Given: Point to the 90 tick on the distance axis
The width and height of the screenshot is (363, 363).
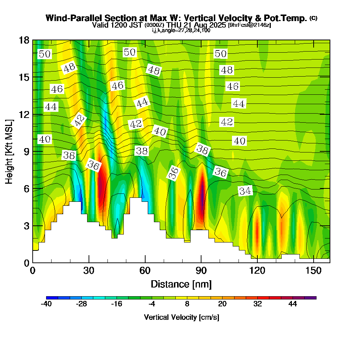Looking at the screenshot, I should [201, 262].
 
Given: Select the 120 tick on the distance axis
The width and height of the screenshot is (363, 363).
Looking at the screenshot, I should [257, 262].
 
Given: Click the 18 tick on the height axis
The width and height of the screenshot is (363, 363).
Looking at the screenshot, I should [33, 40].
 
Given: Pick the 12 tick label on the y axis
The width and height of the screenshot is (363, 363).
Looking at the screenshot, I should [24, 114].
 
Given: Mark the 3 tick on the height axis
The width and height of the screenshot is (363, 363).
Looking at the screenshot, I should [33, 225].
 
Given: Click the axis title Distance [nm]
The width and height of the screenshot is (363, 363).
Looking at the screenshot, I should [181, 284].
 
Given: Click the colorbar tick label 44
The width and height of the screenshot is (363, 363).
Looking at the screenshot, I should [293, 304].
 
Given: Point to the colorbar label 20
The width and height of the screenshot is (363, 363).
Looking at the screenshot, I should [222, 304].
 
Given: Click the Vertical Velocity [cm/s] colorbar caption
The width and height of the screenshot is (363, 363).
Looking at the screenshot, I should [181, 317].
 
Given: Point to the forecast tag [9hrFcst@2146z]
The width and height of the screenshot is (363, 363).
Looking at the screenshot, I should [249, 25].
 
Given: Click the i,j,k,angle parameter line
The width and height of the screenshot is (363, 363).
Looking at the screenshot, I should [181, 30].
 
